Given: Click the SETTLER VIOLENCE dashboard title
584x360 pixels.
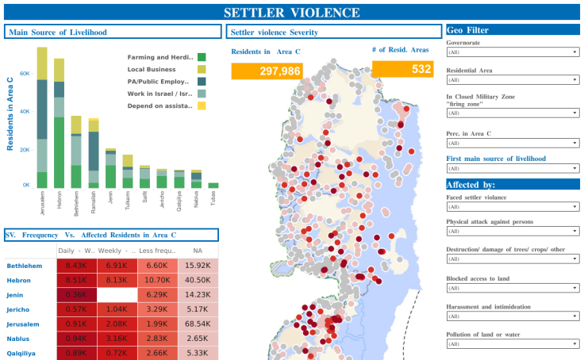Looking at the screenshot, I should tap(291, 13).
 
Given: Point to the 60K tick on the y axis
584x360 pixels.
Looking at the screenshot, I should tap(24, 74).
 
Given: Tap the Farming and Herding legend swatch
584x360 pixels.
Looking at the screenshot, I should tap(202, 57).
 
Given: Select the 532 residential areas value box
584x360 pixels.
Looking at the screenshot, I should tap(403, 69).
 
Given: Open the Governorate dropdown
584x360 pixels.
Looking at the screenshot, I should tap(512, 52).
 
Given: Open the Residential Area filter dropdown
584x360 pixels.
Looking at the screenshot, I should tap(512, 79).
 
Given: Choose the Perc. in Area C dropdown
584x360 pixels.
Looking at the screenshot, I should tap(512, 143).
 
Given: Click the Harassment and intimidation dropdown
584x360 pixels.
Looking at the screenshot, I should tap(512, 316).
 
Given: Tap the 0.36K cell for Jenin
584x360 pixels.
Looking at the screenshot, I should tap(76, 294).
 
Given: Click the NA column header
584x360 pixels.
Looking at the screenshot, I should tap(197, 251).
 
